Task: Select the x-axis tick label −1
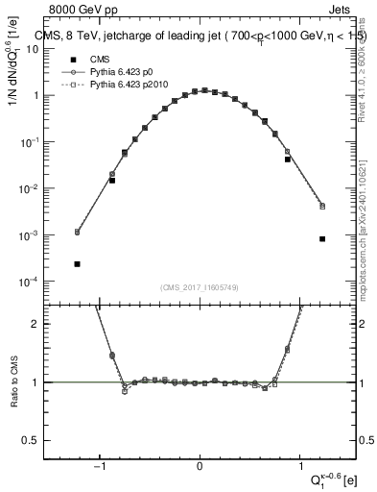coord(100,468)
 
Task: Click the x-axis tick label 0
coord(200,468)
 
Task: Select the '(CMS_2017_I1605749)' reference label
coord(200,288)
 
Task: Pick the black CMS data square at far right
coord(322,239)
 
